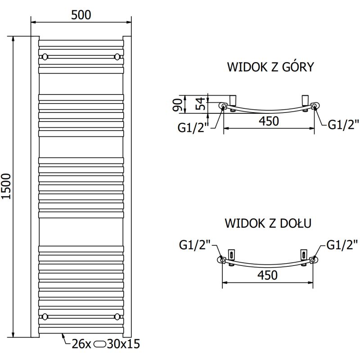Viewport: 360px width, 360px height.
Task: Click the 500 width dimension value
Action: [x=81, y=15]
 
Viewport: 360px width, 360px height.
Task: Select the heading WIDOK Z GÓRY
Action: [x=270, y=67]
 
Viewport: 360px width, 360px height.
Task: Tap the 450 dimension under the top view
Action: [x=269, y=121]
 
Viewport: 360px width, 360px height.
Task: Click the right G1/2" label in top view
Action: [x=342, y=125]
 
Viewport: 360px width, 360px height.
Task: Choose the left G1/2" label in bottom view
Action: [x=194, y=245]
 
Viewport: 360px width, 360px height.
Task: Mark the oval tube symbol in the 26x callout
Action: [x=100, y=345]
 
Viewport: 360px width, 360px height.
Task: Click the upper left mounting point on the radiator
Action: [x=45, y=57]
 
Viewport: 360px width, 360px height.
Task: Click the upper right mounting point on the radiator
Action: [x=117, y=57]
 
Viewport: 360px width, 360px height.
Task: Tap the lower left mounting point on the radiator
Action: [x=45, y=316]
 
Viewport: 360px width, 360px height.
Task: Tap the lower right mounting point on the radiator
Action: [x=117, y=316]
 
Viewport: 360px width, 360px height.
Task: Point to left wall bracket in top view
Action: [x=233, y=99]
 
